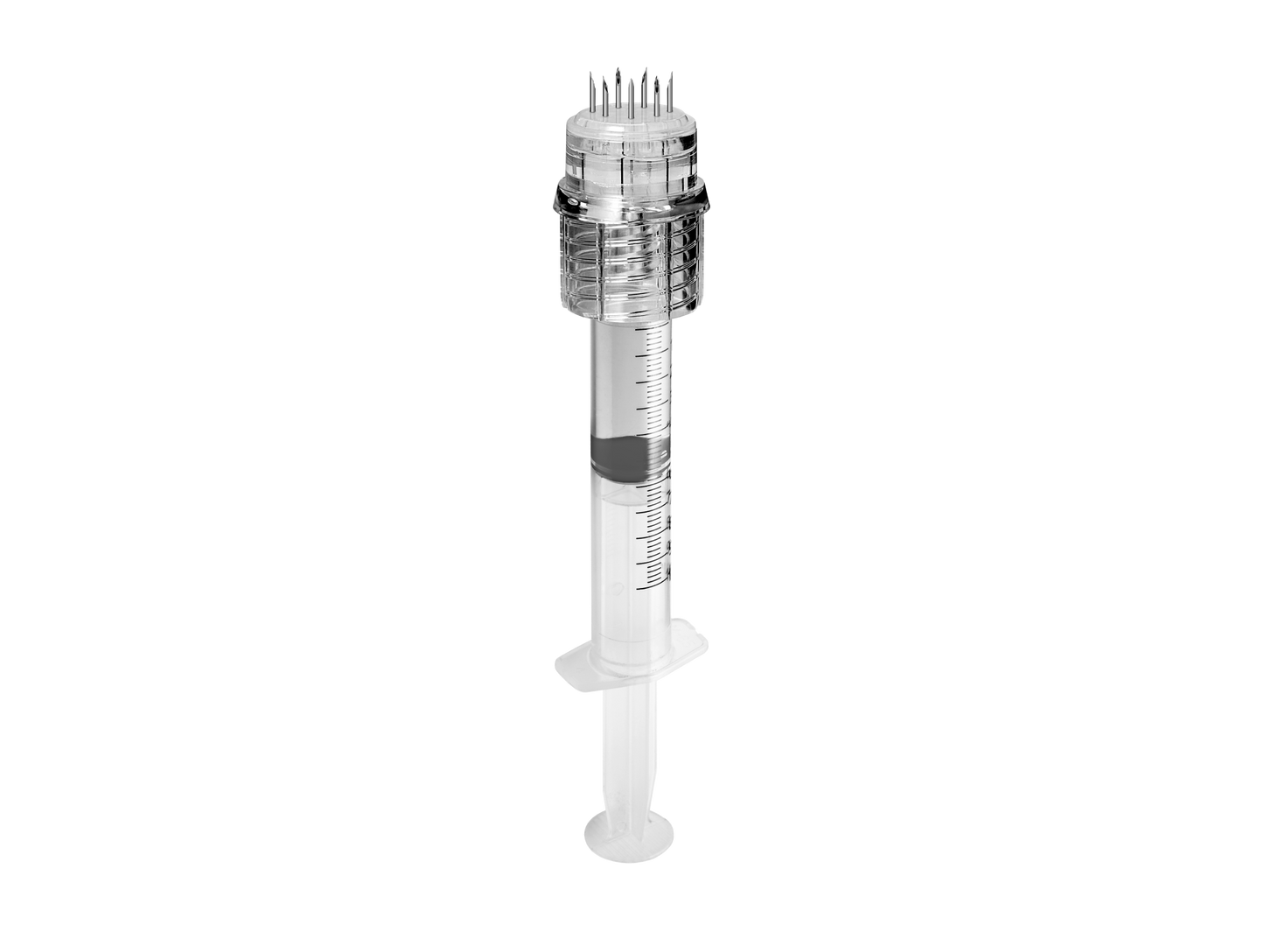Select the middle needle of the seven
tap(631, 101)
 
